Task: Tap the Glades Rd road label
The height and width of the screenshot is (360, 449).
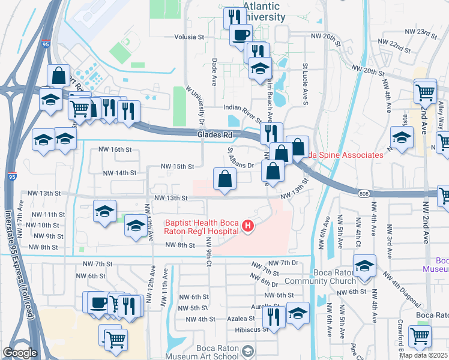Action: (x=214, y=136)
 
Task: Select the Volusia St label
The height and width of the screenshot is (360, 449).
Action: (x=189, y=37)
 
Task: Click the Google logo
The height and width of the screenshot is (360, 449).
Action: (x=20, y=353)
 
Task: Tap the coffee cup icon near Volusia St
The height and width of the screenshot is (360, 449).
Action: (x=241, y=35)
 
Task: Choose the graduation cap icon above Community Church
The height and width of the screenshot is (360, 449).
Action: (x=364, y=266)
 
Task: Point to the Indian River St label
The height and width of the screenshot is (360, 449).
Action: (x=241, y=109)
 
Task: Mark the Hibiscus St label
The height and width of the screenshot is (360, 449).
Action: (x=252, y=329)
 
